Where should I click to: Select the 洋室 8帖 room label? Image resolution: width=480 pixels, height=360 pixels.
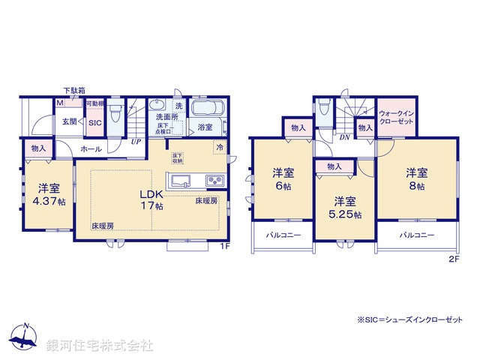[x=417, y=177]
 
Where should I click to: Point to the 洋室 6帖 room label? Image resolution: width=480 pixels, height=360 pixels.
[x=283, y=180]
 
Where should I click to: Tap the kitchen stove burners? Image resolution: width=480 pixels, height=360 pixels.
[x=214, y=181]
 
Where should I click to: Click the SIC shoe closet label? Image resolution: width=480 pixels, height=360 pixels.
[x=95, y=123]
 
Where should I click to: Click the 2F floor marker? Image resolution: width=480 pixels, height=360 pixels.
[x=453, y=259]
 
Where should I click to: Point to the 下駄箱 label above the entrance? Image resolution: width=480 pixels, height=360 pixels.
[x=73, y=90]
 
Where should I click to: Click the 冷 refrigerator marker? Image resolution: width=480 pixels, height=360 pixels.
[x=219, y=147]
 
